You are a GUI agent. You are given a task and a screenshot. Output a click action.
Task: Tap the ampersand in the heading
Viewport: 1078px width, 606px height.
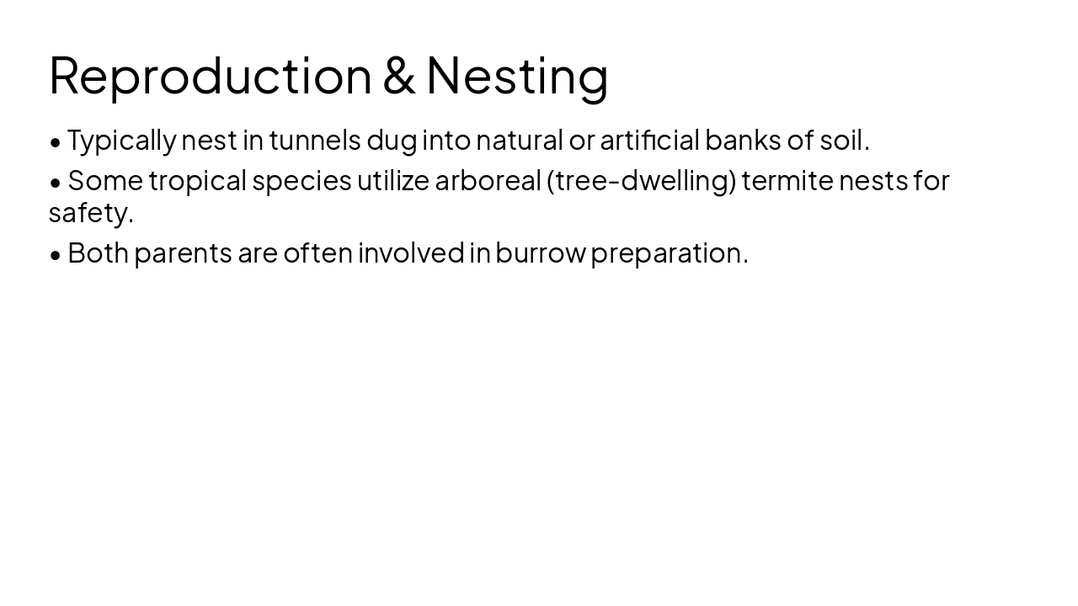399,76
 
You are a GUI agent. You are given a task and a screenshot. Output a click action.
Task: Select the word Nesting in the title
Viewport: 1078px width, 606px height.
517,76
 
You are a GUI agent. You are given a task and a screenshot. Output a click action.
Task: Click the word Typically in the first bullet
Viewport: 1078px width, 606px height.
121,141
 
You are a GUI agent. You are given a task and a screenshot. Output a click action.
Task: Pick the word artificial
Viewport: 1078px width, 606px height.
649,141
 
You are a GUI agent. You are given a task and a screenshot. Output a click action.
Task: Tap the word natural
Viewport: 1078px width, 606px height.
520,141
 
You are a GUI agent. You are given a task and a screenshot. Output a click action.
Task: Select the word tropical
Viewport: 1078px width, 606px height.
198,181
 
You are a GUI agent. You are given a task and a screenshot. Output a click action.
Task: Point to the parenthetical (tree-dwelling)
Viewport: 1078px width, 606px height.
642,181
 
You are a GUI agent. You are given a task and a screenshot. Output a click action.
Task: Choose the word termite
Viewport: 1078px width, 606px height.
787,181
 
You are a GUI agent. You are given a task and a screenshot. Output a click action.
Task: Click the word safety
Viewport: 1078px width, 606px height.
91,213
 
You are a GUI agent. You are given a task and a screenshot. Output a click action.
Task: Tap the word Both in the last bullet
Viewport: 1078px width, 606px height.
98,252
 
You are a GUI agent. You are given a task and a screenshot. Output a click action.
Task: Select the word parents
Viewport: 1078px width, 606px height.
183,252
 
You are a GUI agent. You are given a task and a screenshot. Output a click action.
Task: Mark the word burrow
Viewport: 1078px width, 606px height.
540,252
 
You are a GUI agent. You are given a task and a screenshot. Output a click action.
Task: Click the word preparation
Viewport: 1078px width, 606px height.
669,252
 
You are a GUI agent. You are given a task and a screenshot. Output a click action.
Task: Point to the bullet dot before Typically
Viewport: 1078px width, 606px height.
56,142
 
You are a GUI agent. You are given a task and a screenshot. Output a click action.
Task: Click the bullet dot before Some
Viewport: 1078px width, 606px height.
56,183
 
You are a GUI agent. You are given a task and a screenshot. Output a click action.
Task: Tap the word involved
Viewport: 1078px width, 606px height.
411,252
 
